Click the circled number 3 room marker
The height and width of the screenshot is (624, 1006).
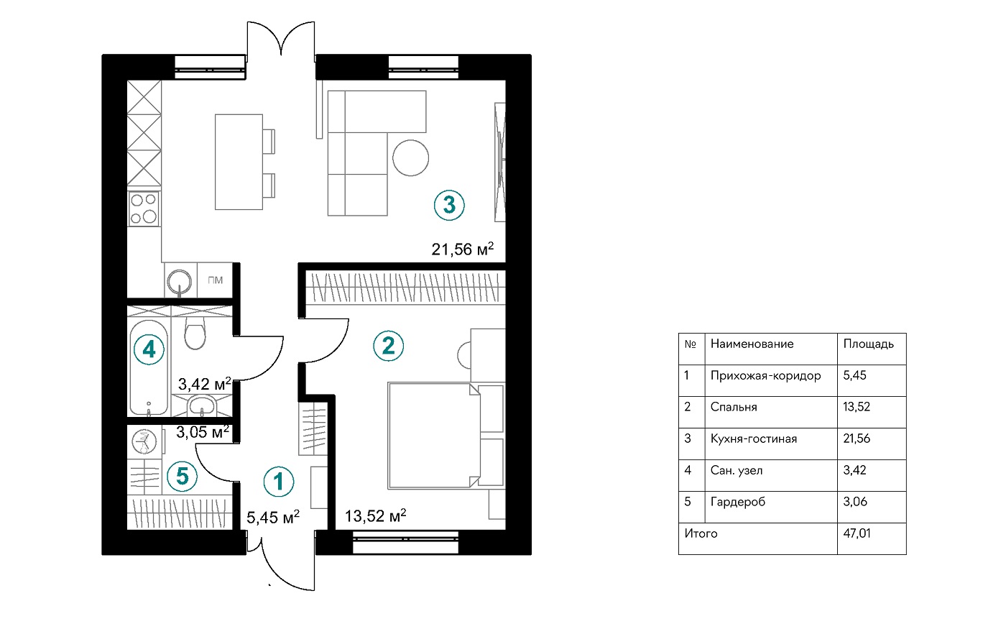click(449, 206)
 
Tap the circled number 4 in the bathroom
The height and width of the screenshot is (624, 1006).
click(149, 349)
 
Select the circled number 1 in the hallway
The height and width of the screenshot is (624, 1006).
click(279, 481)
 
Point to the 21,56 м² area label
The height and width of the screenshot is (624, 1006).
click(463, 249)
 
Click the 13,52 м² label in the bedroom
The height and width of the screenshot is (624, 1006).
click(375, 515)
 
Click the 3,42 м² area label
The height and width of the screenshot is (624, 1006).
click(205, 384)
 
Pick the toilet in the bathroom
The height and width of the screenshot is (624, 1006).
click(195, 333)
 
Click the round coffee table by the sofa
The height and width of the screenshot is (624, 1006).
click(410, 157)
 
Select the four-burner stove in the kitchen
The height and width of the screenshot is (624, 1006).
click(144, 209)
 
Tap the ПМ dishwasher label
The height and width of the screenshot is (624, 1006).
click(215, 280)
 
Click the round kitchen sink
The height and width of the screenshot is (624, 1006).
click(180, 282)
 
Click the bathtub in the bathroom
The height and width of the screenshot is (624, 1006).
click(149, 367)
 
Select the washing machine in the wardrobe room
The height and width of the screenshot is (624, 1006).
click(144, 441)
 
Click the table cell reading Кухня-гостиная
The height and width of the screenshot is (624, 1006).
click(754, 439)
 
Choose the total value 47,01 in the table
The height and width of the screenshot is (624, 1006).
click(857, 533)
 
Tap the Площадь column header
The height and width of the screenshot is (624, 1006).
click(868, 344)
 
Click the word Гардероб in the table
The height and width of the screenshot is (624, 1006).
click(737, 502)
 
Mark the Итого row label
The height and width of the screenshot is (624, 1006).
click(701, 533)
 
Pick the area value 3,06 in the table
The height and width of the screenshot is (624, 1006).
click(854, 501)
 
